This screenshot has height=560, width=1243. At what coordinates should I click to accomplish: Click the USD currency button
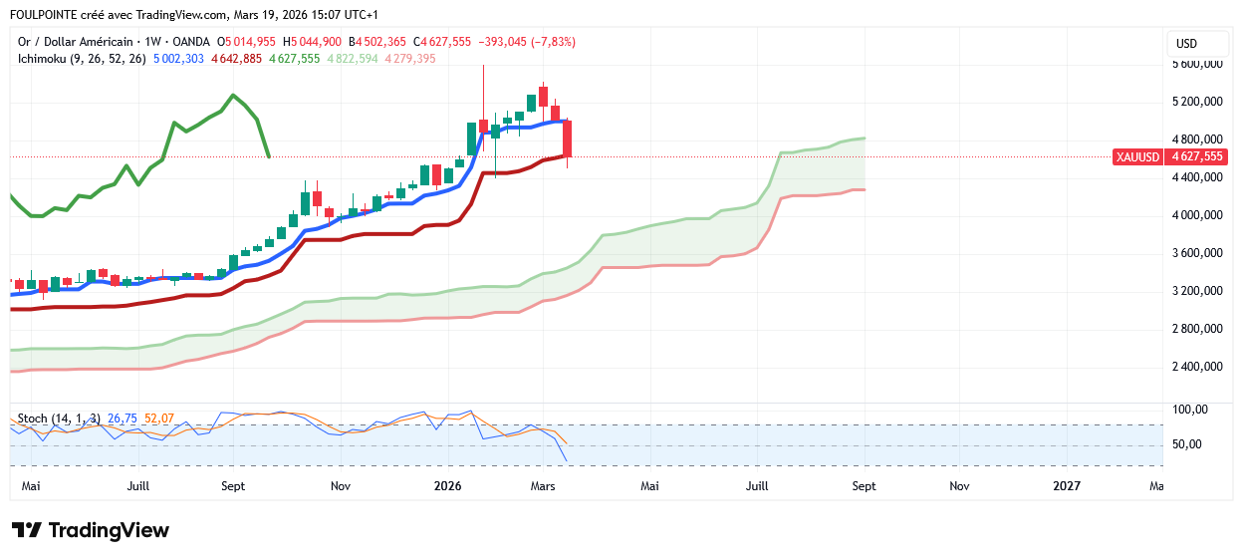pyautogui.click(x=1186, y=44)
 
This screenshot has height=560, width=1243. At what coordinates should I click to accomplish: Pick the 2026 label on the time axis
pyautogui.click(x=447, y=486)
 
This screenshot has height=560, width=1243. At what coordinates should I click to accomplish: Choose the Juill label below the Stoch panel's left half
pyautogui.click(x=138, y=486)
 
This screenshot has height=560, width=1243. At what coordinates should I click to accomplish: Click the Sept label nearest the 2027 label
pyautogui.click(x=864, y=486)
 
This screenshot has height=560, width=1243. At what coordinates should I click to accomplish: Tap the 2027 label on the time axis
pyautogui.click(x=1067, y=486)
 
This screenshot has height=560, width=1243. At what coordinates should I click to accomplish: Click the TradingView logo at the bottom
pyautogui.click(x=90, y=530)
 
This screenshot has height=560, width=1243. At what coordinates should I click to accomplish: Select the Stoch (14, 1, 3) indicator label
pyautogui.click(x=59, y=418)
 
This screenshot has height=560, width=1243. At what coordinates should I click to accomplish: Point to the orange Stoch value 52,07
pyautogui.click(x=159, y=418)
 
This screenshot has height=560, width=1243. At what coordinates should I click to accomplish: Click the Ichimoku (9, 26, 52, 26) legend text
pyautogui.click(x=82, y=59)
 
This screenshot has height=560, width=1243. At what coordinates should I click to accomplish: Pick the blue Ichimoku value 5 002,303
pyautogui.click(x=178, y=59)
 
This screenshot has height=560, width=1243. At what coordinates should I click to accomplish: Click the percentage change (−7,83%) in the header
pyautogui.click(x=554, y=42)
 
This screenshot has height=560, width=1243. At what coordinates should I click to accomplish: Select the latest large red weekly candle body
pyautogui.click(x=567, y=139)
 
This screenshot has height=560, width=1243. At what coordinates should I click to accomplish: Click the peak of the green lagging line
pyautogui.click(x=232, y=96)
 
